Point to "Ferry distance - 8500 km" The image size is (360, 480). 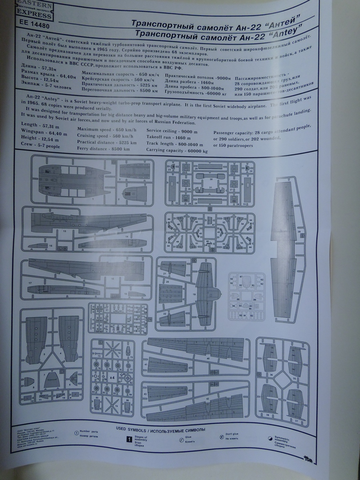103,148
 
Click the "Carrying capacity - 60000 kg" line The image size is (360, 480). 177,150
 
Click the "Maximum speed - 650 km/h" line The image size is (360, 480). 106,130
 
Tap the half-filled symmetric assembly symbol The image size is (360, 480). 270,439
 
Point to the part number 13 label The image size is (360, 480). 64,231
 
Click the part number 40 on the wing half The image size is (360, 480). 208,358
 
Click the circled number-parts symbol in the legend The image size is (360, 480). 76,433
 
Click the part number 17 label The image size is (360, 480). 30,283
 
